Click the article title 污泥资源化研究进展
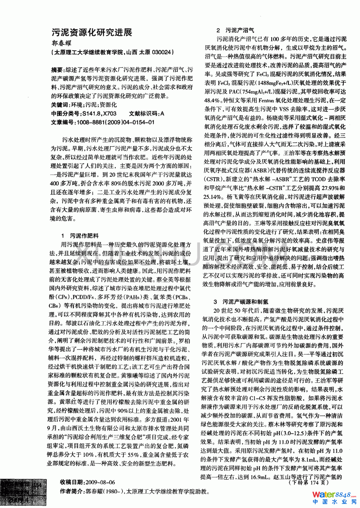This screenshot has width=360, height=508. pyautogui.click(x=92, y=32)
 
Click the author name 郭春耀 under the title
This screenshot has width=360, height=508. pyautogui.click(x=61, y=43)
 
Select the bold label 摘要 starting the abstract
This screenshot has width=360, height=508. pyautogui.click(x=57, y=70)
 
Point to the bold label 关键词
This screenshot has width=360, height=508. pyautogui.click(x=60, y=105)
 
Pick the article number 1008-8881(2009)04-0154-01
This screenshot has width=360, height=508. pyautogui.click(x=115, y=122)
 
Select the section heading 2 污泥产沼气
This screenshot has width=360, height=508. pyautogui.click(x=235, y=30)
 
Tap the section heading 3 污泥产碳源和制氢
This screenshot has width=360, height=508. pyautogui.click(x=240, y=302)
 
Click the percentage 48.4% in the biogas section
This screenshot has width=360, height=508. pyautogui.click(x=212, y=100)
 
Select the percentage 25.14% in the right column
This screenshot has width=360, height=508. pyautogui.click(x=212, y=197)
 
